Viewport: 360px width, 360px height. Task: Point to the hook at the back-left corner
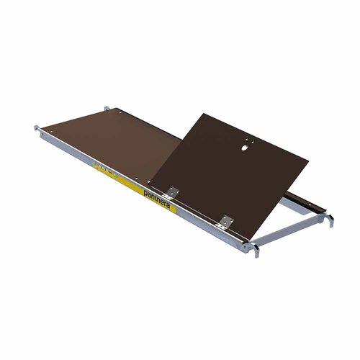pos(108,108)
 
